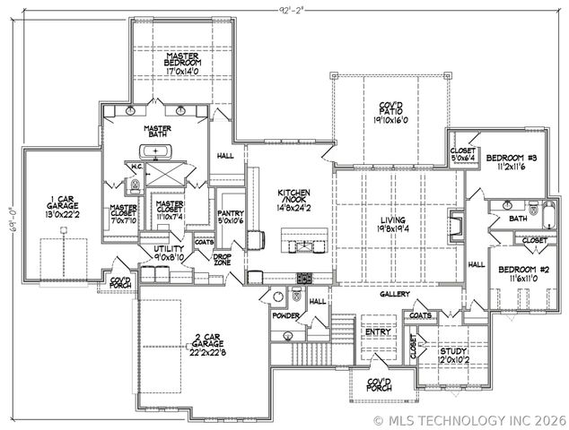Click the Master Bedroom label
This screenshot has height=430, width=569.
click(187, 60)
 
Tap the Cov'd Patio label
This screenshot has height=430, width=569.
click(391, 108)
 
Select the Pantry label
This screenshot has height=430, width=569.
click(231, 213)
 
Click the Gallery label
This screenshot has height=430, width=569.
click(395, 294)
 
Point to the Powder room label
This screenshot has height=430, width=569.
click(287, 315)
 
